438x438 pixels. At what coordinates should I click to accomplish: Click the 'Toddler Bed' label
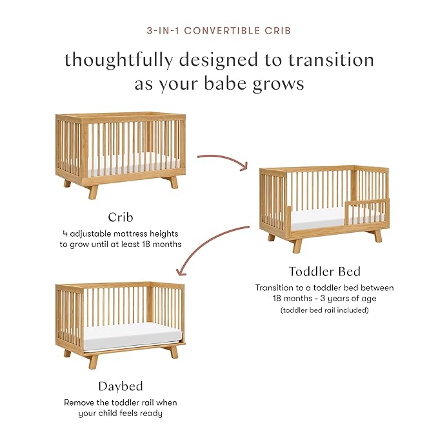(x=324, y=271)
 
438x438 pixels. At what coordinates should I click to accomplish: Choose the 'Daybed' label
(x=120, y=387)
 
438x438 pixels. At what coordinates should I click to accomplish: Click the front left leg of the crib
(x=93, y=191)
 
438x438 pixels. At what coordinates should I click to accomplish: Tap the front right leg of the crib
(x=174, y=183)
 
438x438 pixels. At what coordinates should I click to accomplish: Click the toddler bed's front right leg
(x=378, y=236)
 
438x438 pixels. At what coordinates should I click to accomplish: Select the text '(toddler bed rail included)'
(x=324, y=310)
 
